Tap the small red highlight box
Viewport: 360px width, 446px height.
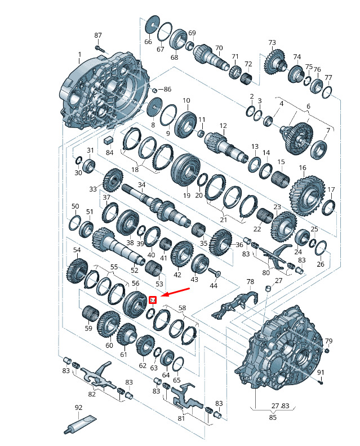153,300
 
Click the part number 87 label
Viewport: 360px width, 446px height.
98,36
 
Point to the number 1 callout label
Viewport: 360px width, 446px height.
80,54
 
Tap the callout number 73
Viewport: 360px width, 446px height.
272,42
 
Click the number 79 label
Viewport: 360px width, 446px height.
329,341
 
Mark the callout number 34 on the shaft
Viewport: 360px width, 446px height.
142,185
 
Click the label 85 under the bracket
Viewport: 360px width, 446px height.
273,417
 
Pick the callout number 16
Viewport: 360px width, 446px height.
303,167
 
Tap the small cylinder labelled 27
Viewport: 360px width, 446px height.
268,289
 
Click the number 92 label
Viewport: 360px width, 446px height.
79,407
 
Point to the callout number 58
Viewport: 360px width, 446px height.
183,308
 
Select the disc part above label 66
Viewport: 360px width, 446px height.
153,25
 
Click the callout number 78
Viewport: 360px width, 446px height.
250,281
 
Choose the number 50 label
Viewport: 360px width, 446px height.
75,206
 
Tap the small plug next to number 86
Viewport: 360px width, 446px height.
155,90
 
